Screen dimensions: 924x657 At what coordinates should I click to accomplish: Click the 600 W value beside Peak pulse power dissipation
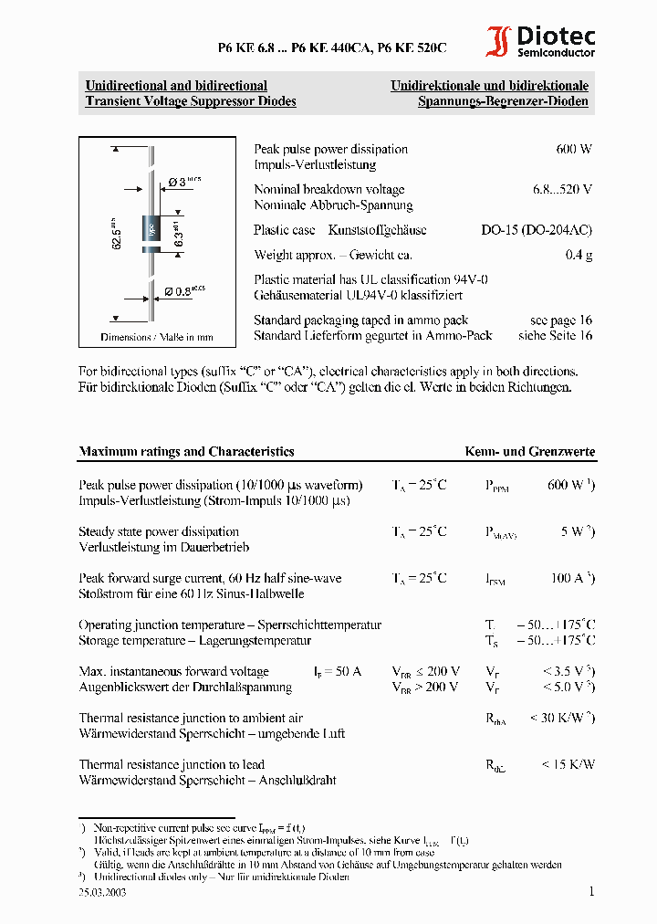pyautogui.click(x=573, y=149)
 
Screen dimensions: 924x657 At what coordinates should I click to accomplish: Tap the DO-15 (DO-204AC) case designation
pyautogui.click(x=537, y=230)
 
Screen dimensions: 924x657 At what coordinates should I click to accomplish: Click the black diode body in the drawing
pyautogui.click(x=151, y=230)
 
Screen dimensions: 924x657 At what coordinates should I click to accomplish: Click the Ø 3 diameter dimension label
pyautogui.click(x=184, y=182)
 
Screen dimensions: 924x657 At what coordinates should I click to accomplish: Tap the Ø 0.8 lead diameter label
pyautogui.click(x=184, y=291)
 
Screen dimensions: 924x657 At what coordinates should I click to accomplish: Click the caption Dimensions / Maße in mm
pyautogui.click(x=157, y=337)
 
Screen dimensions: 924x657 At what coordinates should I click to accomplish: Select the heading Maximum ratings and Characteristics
pyautogui.click(x=186, y=451)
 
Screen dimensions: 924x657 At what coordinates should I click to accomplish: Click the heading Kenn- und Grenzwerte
pyautogui.click(x=530, y=451)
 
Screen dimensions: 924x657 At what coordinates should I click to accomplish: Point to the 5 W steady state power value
pyautogui.click(x=577, y=531)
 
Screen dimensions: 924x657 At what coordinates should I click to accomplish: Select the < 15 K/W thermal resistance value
pyautogui.click(x=567, y=764)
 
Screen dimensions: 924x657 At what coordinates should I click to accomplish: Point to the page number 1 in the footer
pyautogui.click(x=590, y=891)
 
